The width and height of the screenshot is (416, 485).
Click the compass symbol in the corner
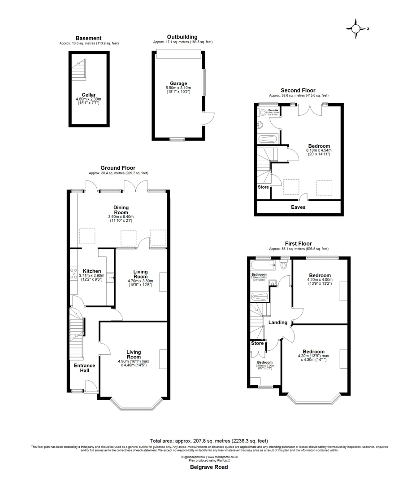pos(356,29)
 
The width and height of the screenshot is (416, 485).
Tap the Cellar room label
pos(88,94)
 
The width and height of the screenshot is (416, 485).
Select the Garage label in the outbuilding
pos(178,83)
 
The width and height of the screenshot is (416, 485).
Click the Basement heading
pos(88,38)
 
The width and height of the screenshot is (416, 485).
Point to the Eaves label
pos(299,207)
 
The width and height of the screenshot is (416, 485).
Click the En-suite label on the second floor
pos(273,110)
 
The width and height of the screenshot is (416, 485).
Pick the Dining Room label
pos(121,210)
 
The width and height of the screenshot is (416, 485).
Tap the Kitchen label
pos(91,271)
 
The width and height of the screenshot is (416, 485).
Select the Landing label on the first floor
pos(278,322)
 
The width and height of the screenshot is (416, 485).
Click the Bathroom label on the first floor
pos(259,274)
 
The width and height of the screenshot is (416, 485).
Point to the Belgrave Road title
pos(208,467)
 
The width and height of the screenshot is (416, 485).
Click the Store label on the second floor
pos(263,187)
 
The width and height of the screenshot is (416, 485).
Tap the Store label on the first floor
pos(257,343)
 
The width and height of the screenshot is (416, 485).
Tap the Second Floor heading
pos(298,90)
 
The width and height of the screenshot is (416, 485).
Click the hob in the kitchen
pos(74,274)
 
